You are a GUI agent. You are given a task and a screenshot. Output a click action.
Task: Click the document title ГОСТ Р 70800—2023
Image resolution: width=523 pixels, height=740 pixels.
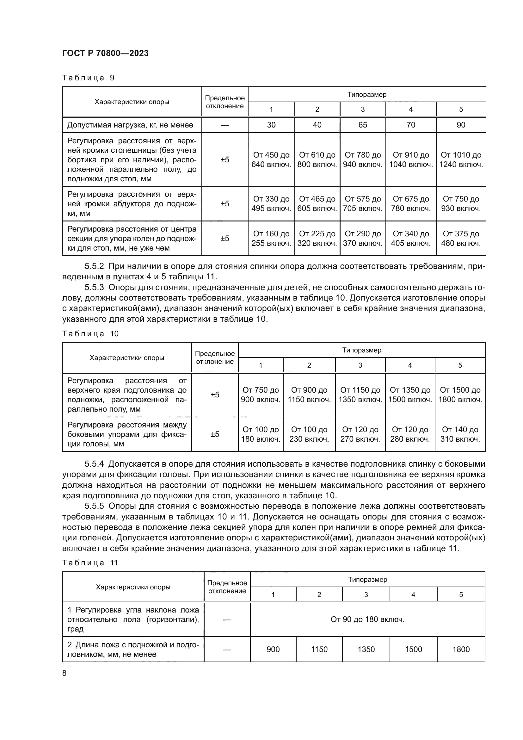(x=105, y=53)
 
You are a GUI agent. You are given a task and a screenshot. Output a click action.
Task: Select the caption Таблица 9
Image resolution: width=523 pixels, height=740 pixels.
(x=88, y=78)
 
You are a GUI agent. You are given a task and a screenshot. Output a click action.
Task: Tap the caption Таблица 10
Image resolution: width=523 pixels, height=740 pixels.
(x=90, y=333)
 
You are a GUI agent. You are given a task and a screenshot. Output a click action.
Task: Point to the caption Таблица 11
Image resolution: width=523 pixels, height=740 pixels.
(x=90, y=563)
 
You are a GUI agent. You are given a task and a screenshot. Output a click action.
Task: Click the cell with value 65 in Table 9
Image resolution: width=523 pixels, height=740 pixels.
(x=363, y=125)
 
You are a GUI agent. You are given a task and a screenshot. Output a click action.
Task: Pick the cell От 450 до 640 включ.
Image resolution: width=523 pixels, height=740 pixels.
(x=271, y=159)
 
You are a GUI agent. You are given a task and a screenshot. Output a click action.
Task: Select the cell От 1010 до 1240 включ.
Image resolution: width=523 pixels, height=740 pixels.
(x=461, y=159)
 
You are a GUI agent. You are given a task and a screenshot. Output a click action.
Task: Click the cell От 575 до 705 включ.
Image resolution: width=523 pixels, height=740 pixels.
(x=363, y=203)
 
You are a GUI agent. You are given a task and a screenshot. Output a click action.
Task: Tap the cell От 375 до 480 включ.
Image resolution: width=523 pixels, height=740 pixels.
(x=461, y=238)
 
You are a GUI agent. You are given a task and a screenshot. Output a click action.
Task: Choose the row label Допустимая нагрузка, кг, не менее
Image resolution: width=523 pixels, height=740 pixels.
(x=130, y=125)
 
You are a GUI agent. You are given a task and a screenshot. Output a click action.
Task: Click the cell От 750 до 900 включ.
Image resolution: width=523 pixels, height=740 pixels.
(x=261, y=395)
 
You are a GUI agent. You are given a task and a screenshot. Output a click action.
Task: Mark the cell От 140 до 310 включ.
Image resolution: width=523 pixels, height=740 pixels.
(x=460, y=434)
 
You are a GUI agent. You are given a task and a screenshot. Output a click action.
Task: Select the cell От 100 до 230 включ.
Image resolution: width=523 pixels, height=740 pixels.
(x=309, y=434)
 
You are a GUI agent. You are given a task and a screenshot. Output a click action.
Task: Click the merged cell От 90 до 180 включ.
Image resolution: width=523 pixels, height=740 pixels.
(x=367, y=619)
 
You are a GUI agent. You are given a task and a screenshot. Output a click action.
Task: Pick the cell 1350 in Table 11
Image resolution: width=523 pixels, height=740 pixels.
(x=366, y=649)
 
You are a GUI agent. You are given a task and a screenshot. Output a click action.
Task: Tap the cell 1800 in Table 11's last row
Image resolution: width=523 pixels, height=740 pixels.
(x=461, y=649)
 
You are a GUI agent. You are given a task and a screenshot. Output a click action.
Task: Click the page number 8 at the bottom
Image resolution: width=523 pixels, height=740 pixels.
(x=65, y=673)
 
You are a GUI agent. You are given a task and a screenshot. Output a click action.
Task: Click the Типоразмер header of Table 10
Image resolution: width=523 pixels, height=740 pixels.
(x=362, y=350)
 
